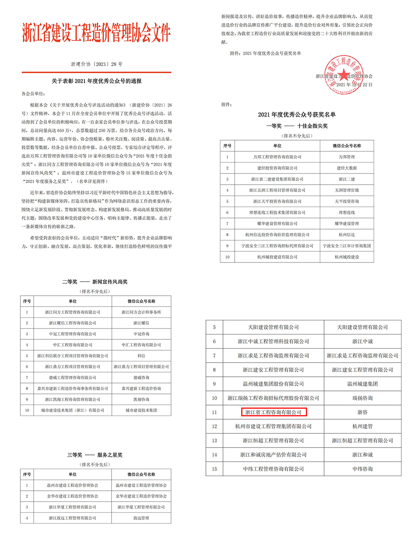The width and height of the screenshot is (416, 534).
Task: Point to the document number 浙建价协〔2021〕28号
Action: (x=97, y=64)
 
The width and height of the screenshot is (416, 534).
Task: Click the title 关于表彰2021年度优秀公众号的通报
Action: (x=97, y=81)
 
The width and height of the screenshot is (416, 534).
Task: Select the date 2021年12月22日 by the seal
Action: (x=354, y=84)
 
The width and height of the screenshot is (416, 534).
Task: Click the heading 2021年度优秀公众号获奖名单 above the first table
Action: (x=297, y=114)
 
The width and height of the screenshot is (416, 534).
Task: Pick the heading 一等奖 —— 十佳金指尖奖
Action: (x=297, y=126)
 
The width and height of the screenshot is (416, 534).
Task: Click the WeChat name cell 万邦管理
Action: (x=347, y=157)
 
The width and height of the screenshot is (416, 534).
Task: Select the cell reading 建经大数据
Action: (x=347, y=168)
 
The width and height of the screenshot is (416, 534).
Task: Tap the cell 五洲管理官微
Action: (x=347, y=190)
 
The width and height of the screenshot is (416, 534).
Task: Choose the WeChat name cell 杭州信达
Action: (x=347, y=235)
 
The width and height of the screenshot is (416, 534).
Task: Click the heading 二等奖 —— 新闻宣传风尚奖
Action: (x=95, y=282)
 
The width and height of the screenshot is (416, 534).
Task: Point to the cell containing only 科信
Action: (x=141, y=356)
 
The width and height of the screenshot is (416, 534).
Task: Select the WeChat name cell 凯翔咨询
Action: (x=141, y=399)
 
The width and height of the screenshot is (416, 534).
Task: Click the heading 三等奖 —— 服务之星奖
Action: (x=95, y=455)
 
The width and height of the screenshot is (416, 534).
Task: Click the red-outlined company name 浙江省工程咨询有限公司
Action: (x=273, y=412)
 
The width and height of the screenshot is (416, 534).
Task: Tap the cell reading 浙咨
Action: (x=362, y=412)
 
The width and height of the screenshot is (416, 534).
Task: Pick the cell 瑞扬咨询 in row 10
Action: (x=362, y=398)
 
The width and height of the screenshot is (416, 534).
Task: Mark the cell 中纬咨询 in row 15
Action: (x=362, y=469)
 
